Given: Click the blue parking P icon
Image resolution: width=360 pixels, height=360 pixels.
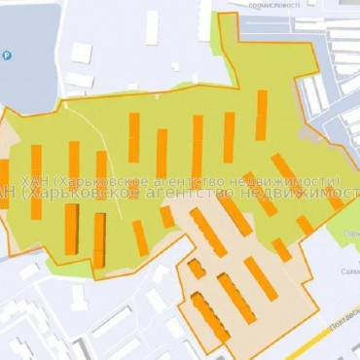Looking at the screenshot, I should (9, 56).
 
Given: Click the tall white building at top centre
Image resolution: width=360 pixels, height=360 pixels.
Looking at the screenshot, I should (153, 26).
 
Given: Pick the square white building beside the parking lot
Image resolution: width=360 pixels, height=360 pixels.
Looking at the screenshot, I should (82, 53).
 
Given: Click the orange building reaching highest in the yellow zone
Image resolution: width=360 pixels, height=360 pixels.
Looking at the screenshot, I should (262, 114).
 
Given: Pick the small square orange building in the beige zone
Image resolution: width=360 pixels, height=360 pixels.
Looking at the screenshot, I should (196, 268).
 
